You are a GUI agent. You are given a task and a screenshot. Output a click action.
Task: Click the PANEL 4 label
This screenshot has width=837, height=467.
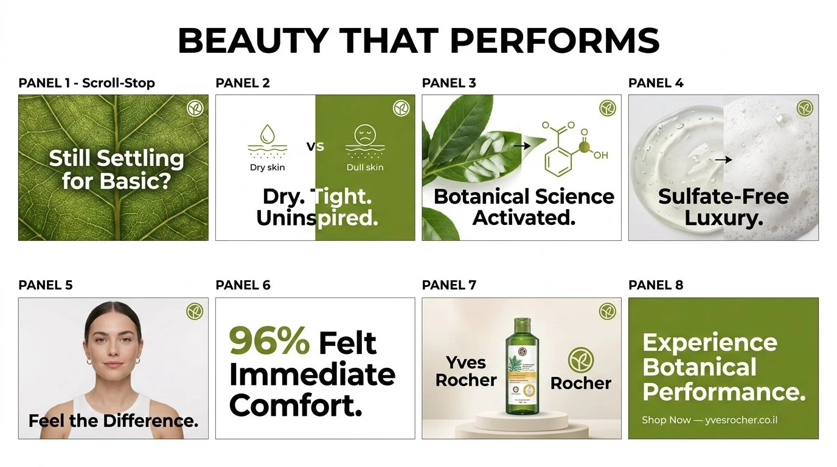point(656,83)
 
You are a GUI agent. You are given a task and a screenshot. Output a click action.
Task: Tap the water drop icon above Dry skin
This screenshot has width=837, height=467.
point(266,134)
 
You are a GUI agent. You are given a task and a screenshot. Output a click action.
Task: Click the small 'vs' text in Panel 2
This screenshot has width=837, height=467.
point(315,147)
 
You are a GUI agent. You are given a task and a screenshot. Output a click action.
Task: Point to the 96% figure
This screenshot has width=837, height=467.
point(269,341)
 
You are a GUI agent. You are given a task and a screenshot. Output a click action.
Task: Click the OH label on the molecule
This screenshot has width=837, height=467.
point(600,156)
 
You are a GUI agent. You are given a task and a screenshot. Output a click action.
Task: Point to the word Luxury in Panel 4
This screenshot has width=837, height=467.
point(723,218)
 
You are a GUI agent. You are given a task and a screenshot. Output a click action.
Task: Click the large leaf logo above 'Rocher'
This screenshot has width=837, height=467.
point(580,361)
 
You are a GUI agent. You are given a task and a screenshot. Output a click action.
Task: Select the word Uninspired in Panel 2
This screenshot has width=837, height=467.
point(317,218)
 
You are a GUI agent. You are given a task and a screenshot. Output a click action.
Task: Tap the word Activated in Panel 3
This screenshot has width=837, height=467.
point(524,217)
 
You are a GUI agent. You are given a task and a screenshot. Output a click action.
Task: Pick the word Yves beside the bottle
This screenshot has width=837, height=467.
point(466,362)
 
